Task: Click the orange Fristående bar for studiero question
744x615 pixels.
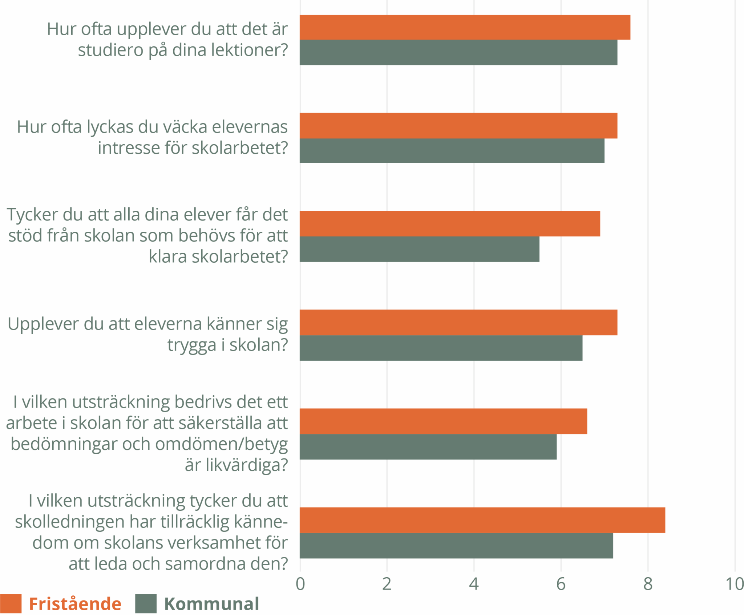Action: coord(465,27)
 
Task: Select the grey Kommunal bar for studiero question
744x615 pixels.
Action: coord(458,52)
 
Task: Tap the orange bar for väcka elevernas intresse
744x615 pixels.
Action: coord(458,125)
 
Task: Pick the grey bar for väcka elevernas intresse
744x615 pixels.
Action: coord(452,151)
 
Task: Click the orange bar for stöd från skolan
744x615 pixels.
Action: coord(449,223)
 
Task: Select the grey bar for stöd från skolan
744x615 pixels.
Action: coord(419,249)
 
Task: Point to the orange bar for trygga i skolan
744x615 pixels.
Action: coord(458,322)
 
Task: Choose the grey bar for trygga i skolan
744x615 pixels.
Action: coord(441,348)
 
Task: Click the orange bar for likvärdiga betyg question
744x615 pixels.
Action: coord(443,421)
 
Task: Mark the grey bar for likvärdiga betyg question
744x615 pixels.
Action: coord(428,446)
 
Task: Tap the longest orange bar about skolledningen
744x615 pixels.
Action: coord(482,520)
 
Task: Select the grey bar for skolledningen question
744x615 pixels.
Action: coord(456,545)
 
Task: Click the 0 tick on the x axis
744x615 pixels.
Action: coord(300,584)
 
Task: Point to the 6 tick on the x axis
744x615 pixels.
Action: coord(561,584)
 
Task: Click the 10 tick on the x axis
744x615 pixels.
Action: coord(734,584)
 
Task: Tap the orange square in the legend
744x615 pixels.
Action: coord(11,603)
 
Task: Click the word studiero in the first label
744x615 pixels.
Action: coord(111,50)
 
